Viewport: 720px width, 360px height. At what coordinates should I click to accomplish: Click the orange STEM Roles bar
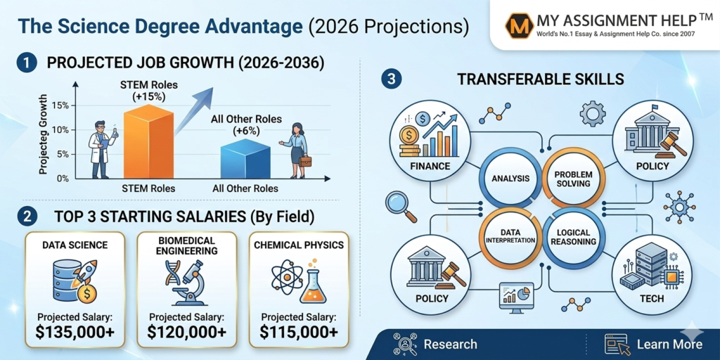pos(148,141)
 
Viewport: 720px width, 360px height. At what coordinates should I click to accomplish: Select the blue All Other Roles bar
pos(245,159)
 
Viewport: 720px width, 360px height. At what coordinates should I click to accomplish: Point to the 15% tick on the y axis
pos(60,105)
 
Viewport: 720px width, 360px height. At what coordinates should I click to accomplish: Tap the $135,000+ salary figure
pos(75,332)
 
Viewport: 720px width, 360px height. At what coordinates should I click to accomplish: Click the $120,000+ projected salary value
pos(187,332)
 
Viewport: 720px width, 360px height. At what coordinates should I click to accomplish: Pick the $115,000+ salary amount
pos(298,332)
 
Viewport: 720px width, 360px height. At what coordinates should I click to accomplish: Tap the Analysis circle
pos(504,178)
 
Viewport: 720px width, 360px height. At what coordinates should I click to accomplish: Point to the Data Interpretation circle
pos(508,236)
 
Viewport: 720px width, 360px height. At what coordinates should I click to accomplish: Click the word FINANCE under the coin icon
pos(429,166)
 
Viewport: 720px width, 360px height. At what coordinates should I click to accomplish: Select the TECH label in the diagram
pos(651,299)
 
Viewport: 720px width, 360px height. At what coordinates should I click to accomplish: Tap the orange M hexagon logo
pos(519,27)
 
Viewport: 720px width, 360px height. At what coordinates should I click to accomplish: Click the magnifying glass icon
pos(401,206)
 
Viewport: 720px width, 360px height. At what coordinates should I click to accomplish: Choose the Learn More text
pos(669,345)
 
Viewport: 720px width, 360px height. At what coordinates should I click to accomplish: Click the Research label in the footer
pos(450,345)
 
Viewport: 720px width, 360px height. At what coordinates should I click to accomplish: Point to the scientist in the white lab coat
pos(101,149)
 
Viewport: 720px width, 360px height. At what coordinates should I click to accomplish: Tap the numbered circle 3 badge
pos(391,79)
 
